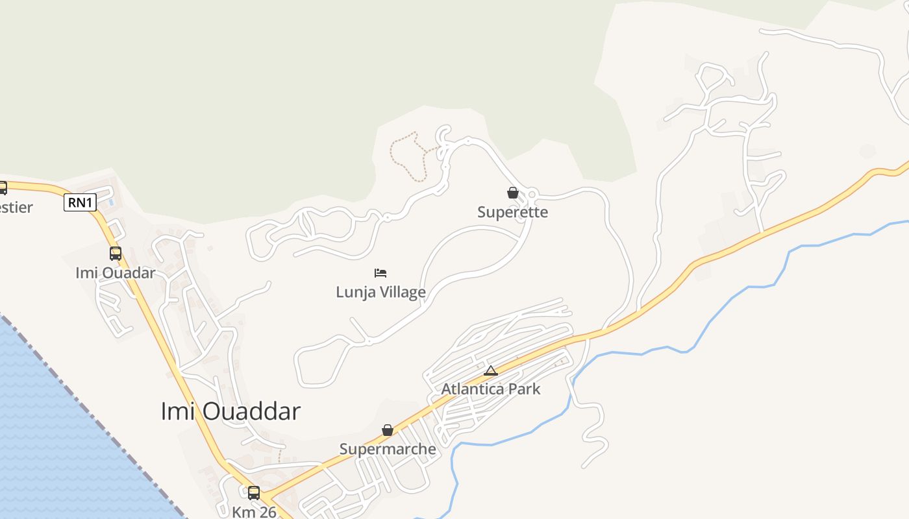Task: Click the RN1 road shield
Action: click(81, 203)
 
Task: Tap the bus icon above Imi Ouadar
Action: click(116, 253)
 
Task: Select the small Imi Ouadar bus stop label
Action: click(116, 272)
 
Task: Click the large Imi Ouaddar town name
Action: click(230, 411)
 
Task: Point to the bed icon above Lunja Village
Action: click(380, 272)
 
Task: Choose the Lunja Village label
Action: click(380, 292)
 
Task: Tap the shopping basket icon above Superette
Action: click(513, 193)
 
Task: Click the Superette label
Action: click(513, 212)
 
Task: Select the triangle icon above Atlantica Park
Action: click(491, 370)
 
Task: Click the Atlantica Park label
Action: click(491, 389)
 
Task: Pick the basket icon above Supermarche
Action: click(388, 430)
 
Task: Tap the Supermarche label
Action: click(388, 449)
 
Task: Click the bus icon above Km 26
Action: click(254, 492)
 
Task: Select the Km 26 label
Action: click(254, 511)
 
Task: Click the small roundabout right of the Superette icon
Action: click(532, 193)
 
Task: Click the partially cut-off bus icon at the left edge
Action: click(3, 188)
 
